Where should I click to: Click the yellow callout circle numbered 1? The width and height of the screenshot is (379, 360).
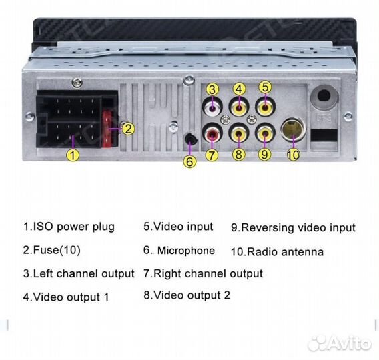[73, 155]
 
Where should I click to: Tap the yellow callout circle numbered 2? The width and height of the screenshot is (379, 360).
[128, 129]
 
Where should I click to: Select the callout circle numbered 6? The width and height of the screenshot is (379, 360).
[190, 161]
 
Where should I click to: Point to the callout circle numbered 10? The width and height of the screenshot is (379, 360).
[293, 155]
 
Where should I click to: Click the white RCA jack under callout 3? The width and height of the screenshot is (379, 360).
[212, 108]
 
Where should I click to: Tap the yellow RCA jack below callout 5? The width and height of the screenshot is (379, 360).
[265, 107]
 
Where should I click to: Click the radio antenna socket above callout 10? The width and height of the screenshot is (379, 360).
[293, 129]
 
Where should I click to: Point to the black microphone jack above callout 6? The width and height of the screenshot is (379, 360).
[191, 139]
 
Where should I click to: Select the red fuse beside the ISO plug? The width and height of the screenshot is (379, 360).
[107, 129]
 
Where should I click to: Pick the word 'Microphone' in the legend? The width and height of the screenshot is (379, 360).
[186, 251]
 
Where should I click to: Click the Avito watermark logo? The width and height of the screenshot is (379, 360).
[340, 343]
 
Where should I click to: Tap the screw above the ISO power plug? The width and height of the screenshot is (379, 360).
[77, 83]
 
